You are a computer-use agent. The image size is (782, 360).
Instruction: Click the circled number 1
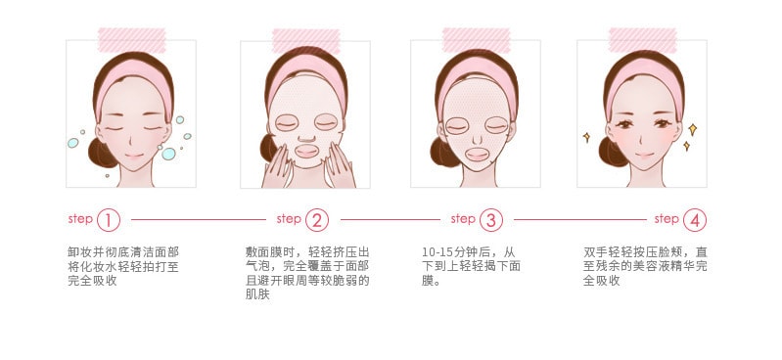(109, 220)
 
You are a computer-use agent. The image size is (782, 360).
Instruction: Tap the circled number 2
(317, 220)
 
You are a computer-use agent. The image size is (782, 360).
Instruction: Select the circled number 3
(490, 220)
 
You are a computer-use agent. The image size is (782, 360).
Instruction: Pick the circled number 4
(695, 220)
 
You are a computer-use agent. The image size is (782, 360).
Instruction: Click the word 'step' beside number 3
(463, 219)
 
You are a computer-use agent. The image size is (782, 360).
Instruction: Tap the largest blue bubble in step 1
(168, 154)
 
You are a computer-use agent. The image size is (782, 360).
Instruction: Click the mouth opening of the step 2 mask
(306, 151)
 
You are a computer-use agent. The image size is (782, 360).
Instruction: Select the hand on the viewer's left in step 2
(277, 167)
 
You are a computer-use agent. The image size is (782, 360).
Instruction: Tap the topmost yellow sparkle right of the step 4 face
(692, 130)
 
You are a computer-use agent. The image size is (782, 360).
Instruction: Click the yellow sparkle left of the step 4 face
(587, 137)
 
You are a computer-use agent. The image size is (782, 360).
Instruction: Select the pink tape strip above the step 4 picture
(642, 40)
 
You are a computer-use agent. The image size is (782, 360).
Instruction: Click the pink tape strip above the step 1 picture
(132, 40)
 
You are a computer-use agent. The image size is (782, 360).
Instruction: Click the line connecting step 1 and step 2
(199, 219)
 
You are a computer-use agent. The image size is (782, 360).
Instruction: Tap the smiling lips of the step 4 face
(644, 156)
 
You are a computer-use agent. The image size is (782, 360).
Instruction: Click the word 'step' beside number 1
(80, 219)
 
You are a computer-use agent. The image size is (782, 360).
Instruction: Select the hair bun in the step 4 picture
(612, 152)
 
